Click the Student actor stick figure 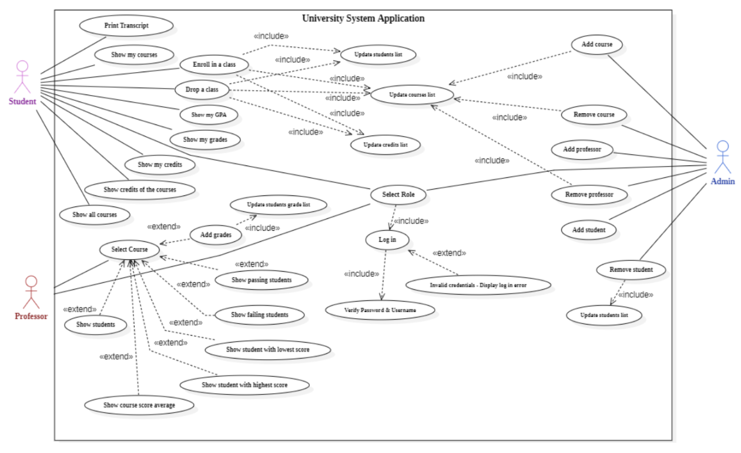click(x=22, y=77)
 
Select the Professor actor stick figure click(x=31, y=292)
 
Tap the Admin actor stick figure click(x=722, y=157)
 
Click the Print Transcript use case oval click(x=126, y=26)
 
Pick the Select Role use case click(x=398, y=195)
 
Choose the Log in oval click(x=388, y=239)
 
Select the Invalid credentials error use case click(x=478, y=285)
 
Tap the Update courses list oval click(x=412, y=94)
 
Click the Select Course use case click(x=130, y=249)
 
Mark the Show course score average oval click(x=139, y=405)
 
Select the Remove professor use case click(x=589, y=194)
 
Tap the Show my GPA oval click(x=209, y=115)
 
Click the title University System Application click(x=363, y=18)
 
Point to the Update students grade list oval click(x=278, y=205)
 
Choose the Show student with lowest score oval click(x=267, y=350)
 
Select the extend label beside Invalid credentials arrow click(x=449, y=253)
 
